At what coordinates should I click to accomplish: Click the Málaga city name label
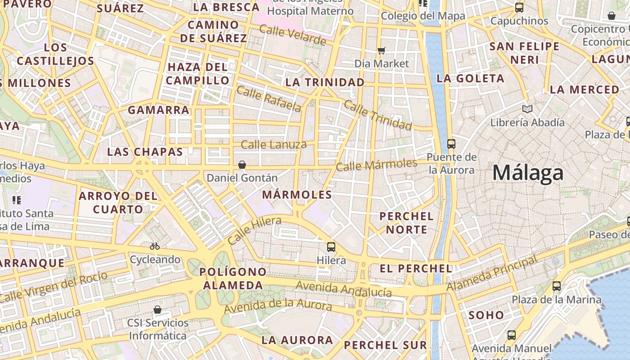[x=528, y=173]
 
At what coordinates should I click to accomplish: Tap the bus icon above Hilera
[x=331, y=247]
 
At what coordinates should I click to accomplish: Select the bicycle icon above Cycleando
[x=155, y=246]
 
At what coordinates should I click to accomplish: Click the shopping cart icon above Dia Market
[x=382, y=50]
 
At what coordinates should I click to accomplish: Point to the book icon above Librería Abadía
[x=527, y=109]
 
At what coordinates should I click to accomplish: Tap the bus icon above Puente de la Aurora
[x=451, y=144]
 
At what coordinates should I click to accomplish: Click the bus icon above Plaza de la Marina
[x=557, y=286]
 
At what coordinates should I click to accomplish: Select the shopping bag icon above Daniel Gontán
[x=242, y=165]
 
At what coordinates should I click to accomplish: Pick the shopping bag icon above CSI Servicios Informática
[x=157, y=310]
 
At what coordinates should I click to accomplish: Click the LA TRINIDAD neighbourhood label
[x=325, y=82]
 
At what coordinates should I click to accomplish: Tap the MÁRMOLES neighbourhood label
[x=297, y=195]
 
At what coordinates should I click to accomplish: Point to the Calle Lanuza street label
[x=274, y=145]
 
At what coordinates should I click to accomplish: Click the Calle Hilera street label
[x=254, y=230]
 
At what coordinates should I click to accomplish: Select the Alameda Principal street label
[x=492, y=273]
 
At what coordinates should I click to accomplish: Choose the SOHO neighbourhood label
[x=486, y=315]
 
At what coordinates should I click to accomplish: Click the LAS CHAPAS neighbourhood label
[x=145, y=152]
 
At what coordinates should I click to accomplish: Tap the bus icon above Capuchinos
[x=519, y=8]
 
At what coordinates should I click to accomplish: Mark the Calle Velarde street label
[x=292, y=36]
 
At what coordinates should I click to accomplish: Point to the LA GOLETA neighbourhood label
[x=470, y=78]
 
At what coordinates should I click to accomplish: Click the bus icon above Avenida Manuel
[x=512, y=335]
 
